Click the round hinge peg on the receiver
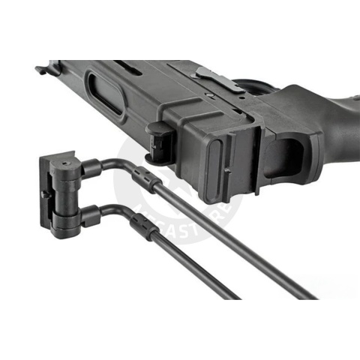pos(158,142)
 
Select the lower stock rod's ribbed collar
pos(140,223)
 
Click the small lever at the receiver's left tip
pos(41,70)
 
